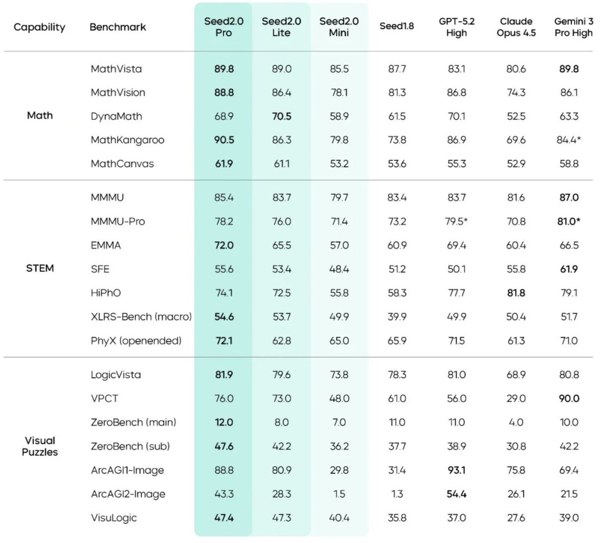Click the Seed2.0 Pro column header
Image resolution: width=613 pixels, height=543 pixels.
(x=224, y=27)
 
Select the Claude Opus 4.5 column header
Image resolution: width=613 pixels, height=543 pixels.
(x=516, y=27)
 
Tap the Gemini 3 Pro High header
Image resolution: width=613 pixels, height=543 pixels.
(x=574, y=27)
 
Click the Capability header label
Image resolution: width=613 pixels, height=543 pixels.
(x=39, y=27)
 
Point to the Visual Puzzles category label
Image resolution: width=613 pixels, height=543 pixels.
(x=40, y=446)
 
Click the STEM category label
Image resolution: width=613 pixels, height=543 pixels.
(x=40, y=268)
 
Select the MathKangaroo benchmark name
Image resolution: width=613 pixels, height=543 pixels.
(x=127, y=140)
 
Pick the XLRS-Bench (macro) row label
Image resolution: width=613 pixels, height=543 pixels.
(x=141, y=317)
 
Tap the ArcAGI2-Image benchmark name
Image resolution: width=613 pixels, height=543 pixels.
(x=128, y=494)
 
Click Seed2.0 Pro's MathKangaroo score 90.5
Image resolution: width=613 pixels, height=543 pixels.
(x=224, y=140)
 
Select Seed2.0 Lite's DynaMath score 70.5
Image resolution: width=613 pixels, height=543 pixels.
(x=281, y=116)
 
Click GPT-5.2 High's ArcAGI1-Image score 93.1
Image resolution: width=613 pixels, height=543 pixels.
(x=456, y=470)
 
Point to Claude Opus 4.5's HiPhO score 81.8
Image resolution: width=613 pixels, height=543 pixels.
(x=516, y=293)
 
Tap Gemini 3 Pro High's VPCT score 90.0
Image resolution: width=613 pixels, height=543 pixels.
(x=569, y=399)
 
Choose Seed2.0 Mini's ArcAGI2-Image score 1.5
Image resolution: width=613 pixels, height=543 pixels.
(x=339, y=494)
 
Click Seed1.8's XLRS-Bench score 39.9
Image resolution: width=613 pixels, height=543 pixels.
(x=397, y=317)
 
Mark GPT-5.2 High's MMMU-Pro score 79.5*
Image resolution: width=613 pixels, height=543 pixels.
(x=456, y=221)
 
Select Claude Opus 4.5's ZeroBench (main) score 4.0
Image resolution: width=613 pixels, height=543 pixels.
(x=516, y=423)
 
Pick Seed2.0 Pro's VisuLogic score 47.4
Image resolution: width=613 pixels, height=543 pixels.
(x=224, y=518)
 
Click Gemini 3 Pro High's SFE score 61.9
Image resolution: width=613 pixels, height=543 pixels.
(x=569, y=269)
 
